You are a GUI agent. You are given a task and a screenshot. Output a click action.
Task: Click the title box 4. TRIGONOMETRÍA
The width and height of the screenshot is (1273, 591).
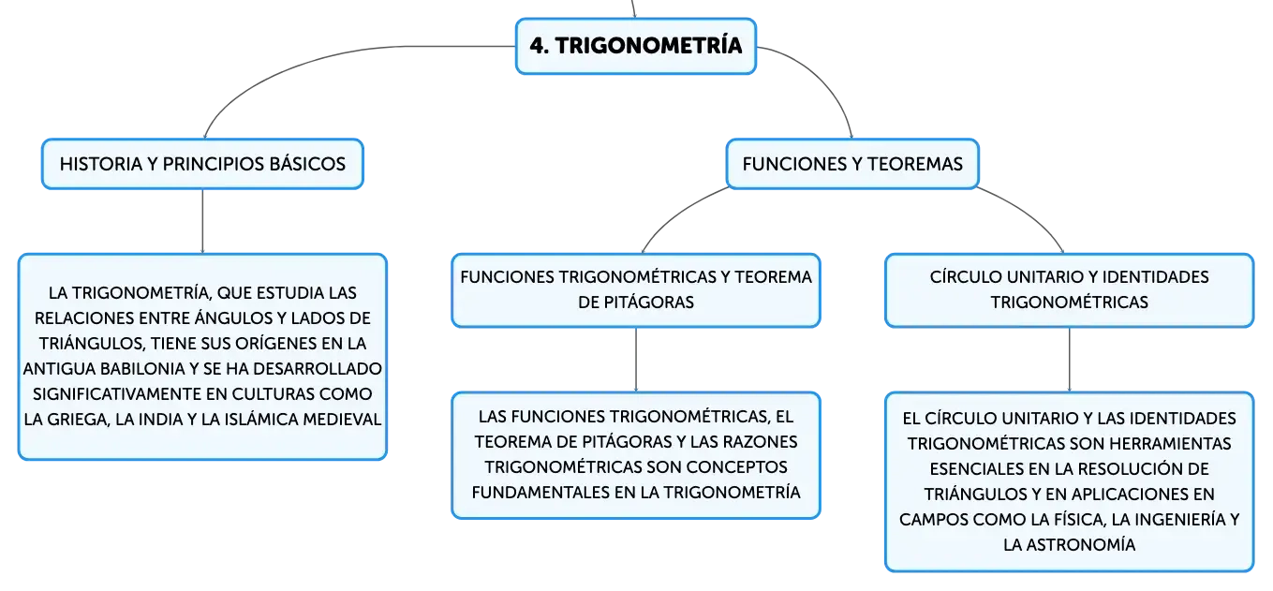pyautogui.click(x=636, y=46)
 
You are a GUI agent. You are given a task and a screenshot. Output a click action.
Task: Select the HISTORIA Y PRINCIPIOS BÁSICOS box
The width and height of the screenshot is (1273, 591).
pyautogui.click(x=202, y=164)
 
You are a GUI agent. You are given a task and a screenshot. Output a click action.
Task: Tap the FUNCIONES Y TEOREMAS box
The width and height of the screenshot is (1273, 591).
pyautogui.click(x=852, y=164)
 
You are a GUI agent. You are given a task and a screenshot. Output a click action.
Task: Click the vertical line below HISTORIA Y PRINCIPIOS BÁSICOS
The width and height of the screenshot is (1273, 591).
pyautogui.click(x=202, y=221)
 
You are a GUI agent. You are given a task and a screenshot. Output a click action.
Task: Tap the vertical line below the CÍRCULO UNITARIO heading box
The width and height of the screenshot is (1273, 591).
pyautogui.click(x=1069, y=360)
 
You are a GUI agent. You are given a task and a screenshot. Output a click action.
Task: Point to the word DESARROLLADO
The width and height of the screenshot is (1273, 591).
pyautogui.click(x=318, y=369)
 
